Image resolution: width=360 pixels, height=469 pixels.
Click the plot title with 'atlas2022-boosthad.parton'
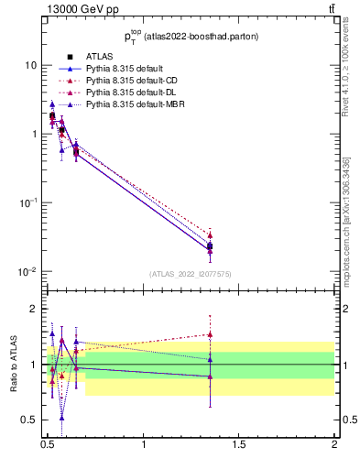pos(191,36)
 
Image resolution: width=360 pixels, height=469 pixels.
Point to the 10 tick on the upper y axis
pos(30,65)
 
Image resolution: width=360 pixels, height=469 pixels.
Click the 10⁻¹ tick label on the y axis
pos(28,202)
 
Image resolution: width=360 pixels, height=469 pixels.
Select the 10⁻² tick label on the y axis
pos(28,271)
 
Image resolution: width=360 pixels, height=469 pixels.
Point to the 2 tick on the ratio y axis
pos(34,310)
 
